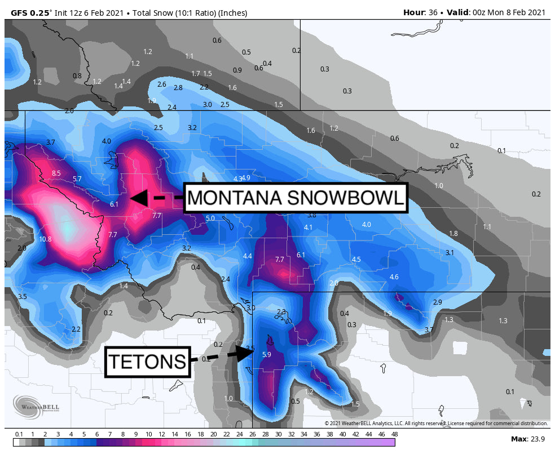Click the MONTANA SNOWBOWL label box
[x=295, y=198]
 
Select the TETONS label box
[x=147, y=362]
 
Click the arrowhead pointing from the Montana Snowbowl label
[x=139, y=198]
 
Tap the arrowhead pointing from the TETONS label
[x=246, y=353]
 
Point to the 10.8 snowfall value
[x=45, y=239]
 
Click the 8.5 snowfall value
[x=56, y=173]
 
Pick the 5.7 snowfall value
[x=77, y=179]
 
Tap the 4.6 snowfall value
[x=394, y=276]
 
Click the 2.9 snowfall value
[x=437, y=302]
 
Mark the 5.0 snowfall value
[x=210, y=218]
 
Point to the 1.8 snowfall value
[x=453, y=233]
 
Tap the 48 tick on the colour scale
[x=394, y=434]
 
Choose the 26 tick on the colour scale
[x=252, y=434]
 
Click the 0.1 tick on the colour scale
[x=19, y=434]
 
